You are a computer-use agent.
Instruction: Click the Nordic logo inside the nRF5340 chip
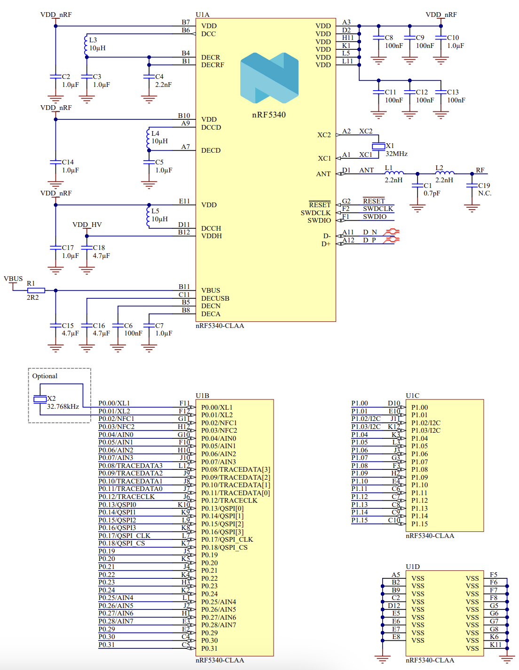[x=269, y=78]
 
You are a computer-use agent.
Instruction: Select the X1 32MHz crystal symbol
[x=378, y=147]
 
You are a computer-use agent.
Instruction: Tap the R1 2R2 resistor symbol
[x=36, y=290]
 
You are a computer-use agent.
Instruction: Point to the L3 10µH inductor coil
[x=86, y=46]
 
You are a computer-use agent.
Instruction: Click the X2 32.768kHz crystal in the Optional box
[x=40, y=399]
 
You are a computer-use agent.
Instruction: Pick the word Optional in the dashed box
[x=45, y=376]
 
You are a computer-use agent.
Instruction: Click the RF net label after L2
[x=480, y=170]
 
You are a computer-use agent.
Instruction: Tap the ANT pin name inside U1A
[x=323, y=174]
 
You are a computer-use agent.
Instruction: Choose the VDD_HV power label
[x=87, y=225]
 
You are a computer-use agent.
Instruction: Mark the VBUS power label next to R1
[x=13, y=279]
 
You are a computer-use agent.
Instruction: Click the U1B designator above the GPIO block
[x=202, y=396]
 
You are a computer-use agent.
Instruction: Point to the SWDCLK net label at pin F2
[x=378, y=209]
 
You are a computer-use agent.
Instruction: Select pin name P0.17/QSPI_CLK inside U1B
[x=227, y=539]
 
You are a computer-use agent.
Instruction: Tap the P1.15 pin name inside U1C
[x=419, y=524]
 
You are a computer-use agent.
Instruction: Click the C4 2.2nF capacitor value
[x=163, y=85]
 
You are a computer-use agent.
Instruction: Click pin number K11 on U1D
[x=495, y=645]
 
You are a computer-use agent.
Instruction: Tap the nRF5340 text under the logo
[x=269, y=115]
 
